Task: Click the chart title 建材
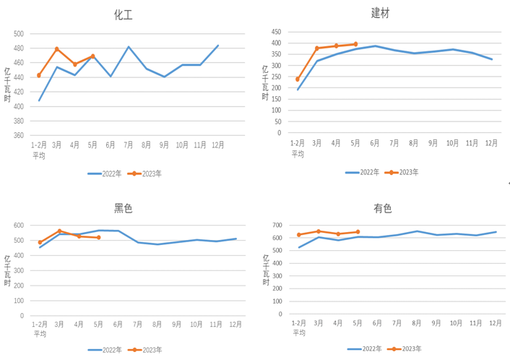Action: [x=381, y=12]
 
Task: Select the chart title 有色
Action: [x=382, y=208]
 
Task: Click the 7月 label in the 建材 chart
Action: [x=394, y=143]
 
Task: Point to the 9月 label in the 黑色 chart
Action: [x=177, y=325]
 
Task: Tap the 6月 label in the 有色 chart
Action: [x=377, y=322]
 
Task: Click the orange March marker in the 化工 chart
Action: [x=57, y=49]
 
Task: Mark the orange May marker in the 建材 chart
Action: [x=355, y=44]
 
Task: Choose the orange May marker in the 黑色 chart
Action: [x=98, y=238]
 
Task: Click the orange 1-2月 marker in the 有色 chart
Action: [x=298, y=235]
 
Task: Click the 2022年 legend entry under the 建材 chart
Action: [x=363, y=172]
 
